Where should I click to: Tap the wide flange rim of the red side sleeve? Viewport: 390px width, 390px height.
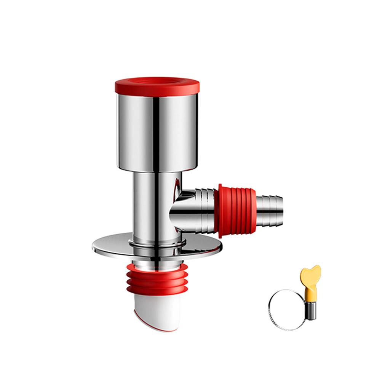(x=221, y=211)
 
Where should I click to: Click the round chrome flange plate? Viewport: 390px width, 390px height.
(x=110, y=249)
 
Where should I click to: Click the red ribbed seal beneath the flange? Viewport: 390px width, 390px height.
(x=156, y=282)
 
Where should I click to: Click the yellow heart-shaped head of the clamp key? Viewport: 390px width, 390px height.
(x=310, y=274)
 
